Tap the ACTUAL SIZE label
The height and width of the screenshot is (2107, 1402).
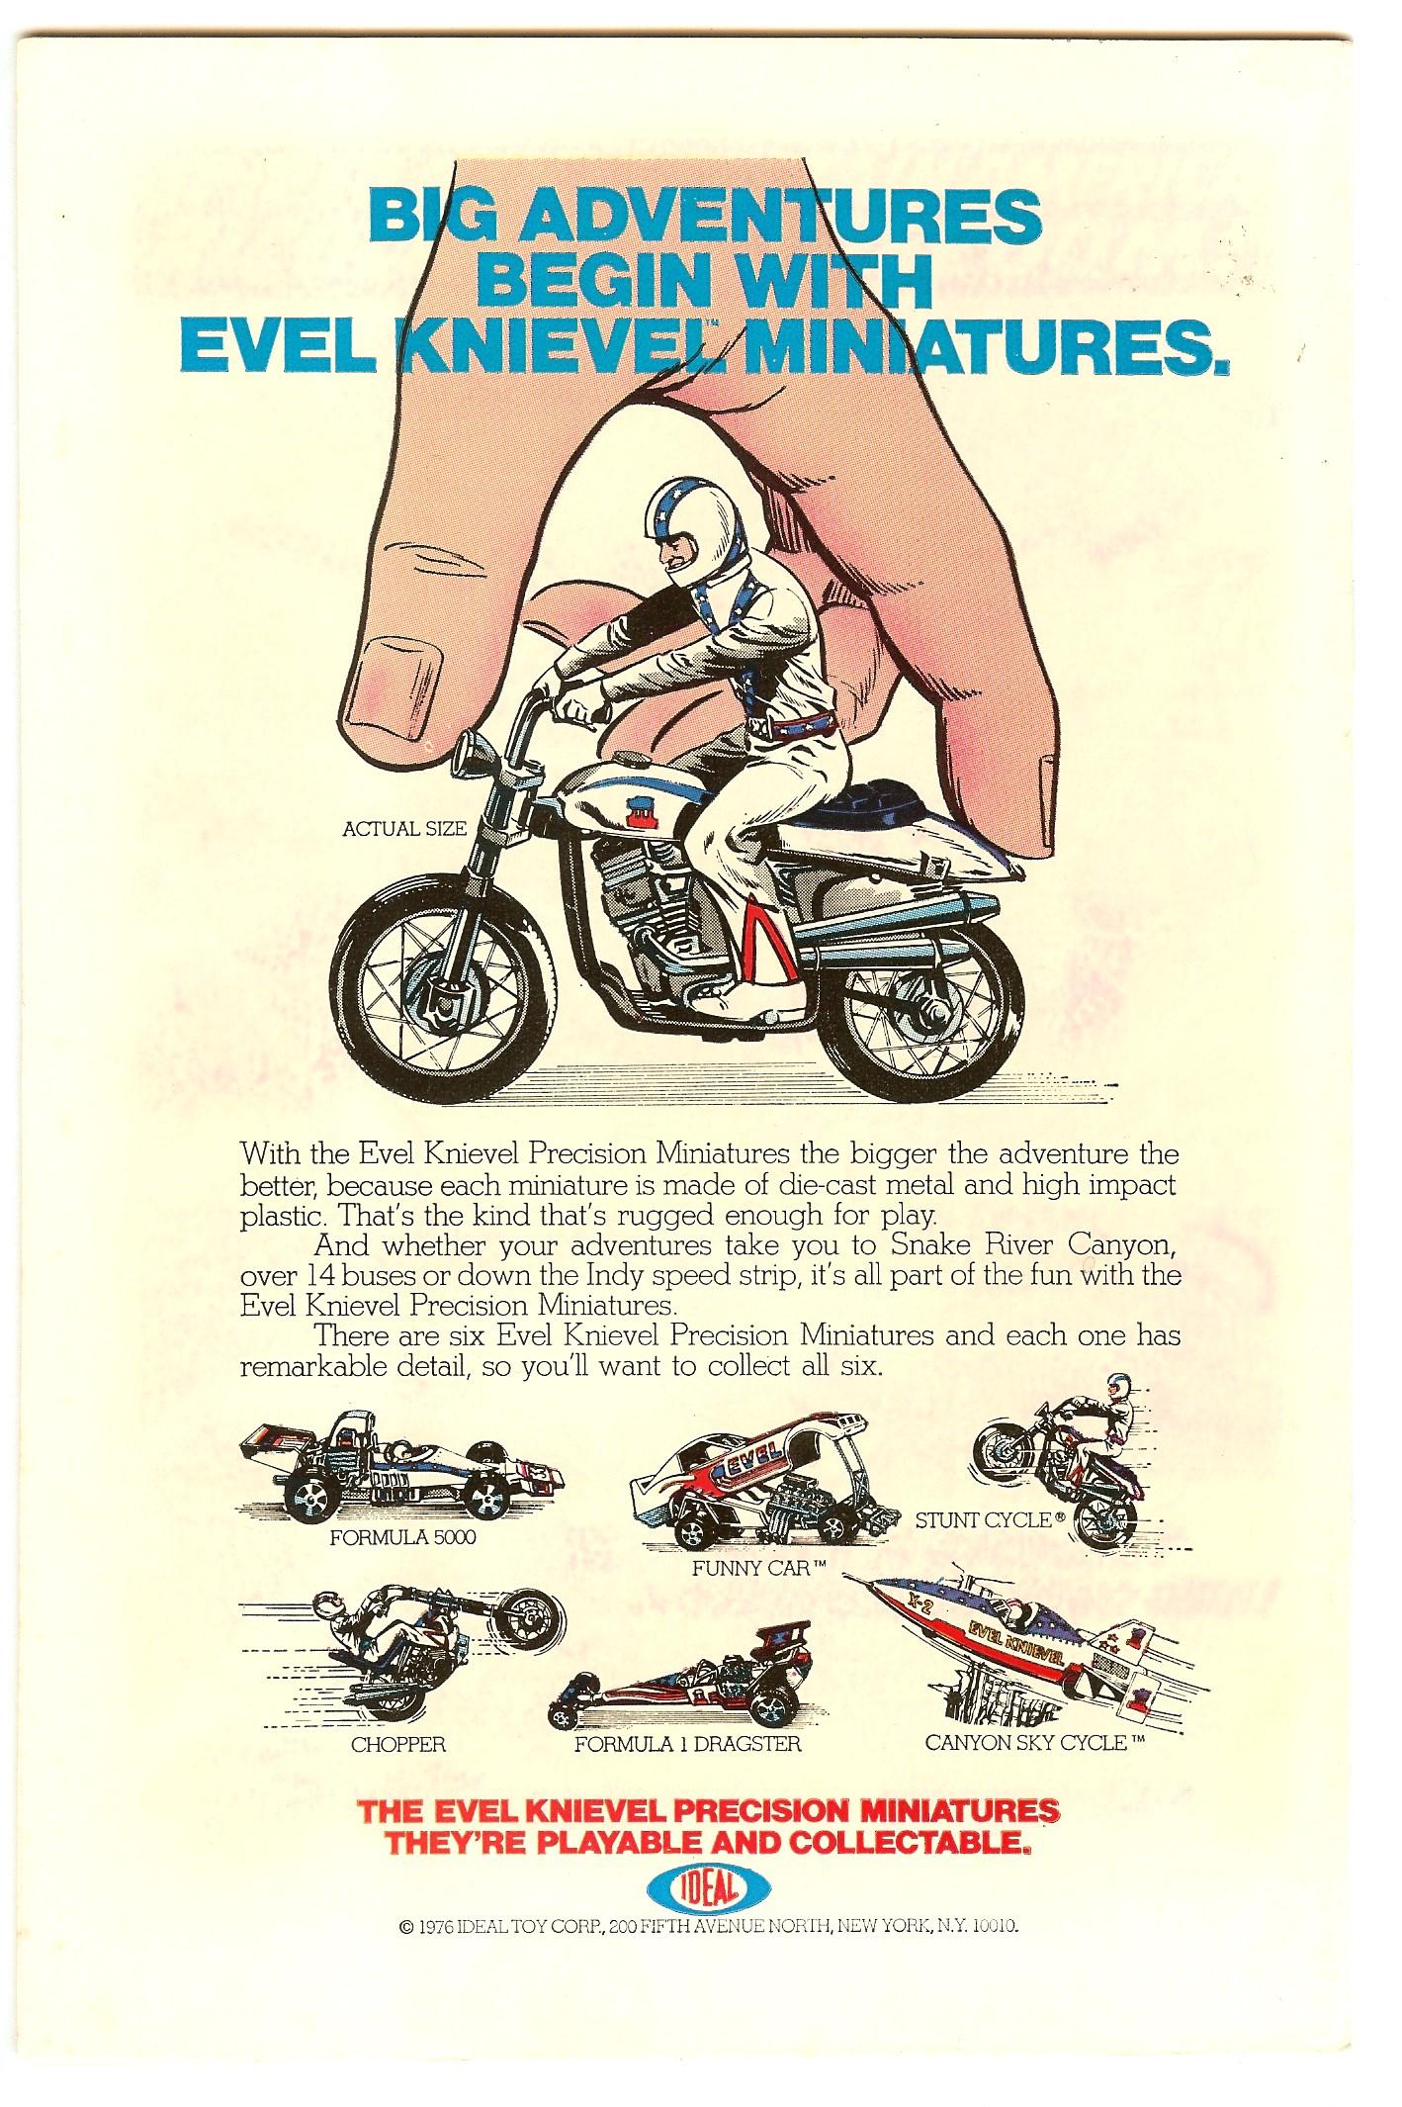pos(403,829)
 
